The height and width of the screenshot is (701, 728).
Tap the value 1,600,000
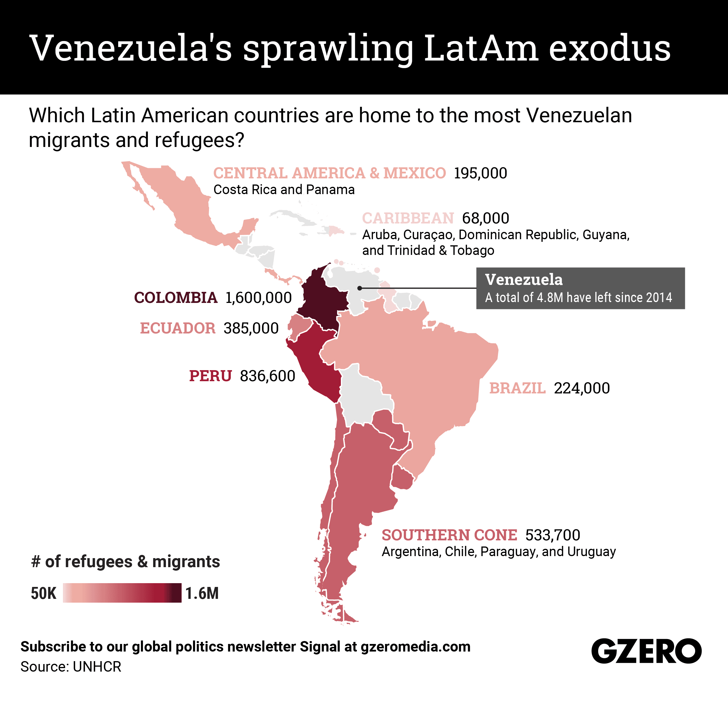click(x=258, y=298)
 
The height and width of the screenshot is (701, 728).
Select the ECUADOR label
click(x=178, y=328)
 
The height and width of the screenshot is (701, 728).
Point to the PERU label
click(x=210, y=376)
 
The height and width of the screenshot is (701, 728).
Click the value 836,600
click(x=268, y=376)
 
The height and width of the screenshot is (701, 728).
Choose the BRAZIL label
click(x=517, y=388)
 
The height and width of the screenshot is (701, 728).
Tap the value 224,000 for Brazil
click(x=582, y=388)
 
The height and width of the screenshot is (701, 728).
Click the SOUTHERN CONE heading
click(x=449, y=535)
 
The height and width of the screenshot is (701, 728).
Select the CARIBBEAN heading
click(x=408, y=218)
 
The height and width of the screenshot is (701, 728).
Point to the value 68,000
click(x=486, y=218)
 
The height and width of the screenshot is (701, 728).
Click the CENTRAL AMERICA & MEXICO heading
click(x=330, y=173)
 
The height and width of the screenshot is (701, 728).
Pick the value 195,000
click(x=480, y=173)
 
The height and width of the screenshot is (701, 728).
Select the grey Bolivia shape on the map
click(x=366, y=397)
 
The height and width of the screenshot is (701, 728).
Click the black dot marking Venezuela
click(x=359, y=288)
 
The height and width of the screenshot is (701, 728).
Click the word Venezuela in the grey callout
click(x=524, y=280)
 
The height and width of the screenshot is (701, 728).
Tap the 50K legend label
click(x=43, y=593)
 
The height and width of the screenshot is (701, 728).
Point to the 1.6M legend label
click(x=202, y=593)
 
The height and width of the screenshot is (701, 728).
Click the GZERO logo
click(x=646, y=651)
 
